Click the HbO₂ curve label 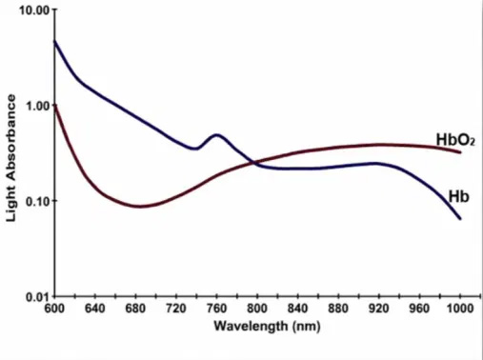454,141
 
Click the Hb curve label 458,196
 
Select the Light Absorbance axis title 12,157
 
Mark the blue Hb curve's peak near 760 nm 217,135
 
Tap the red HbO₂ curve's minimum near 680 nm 140,206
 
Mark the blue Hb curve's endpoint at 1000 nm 460,219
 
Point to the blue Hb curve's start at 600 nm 54,41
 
